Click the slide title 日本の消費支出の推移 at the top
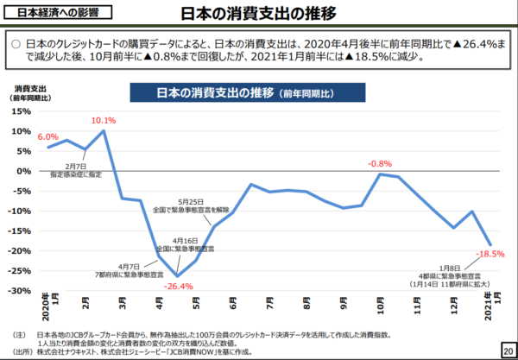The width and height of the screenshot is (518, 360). tap(259, 16)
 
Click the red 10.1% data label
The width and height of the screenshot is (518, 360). tap(104, 120)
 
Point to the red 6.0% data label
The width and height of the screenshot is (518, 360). tap(47, 136)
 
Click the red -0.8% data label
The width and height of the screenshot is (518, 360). tap(379, 163)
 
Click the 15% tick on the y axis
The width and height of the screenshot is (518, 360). tap(21, 111)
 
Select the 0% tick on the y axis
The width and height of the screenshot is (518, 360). tap(24, 171)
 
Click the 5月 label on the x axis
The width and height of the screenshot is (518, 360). tap(199, 305)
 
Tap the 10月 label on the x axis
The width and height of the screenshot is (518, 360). tap(381, 305)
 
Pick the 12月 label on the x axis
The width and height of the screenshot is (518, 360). tap(453, 305)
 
